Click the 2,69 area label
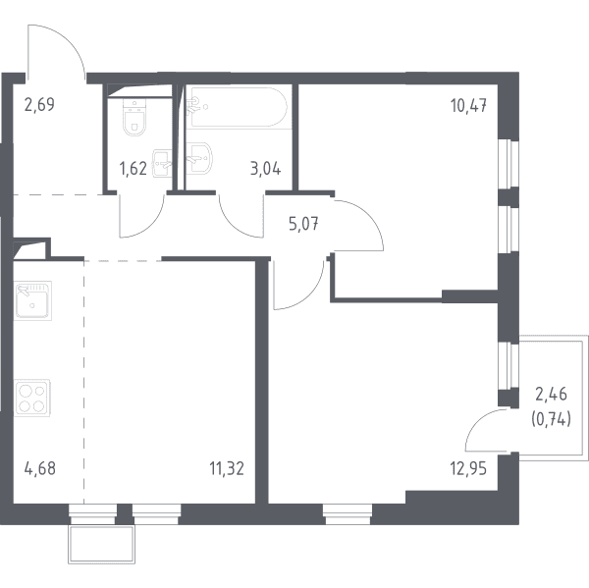click(x=39, y=104)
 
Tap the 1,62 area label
click(x=133, y=169)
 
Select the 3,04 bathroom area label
click(x=266, y=169)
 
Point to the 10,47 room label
click(x=469, y=106)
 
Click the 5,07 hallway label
click(x=304, y=224)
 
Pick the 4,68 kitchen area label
click(x=40, y=468)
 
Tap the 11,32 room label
click(x=227, y=468)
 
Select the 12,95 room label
click(x=468, y=468)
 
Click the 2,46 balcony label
click(x=551, y=395)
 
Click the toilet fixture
click(x=134, y=117)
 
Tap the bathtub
click(x=238, y=107)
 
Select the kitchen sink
click(x=32, y=300)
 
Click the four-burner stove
click(x=32, y=398)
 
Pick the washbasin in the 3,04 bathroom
click(x=199, y=158)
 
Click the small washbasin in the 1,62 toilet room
click(x=162, y=163)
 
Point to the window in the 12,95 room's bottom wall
click(x=348, y=514)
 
